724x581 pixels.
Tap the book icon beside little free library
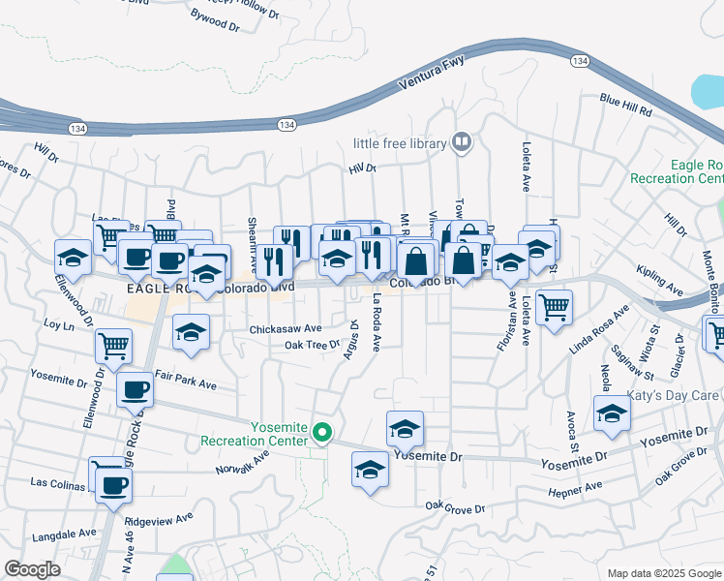tap(463, 144)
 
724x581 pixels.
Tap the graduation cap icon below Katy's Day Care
tap(611, 413)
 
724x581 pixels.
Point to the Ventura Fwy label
tap(433, 76)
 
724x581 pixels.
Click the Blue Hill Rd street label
tap(625, 104)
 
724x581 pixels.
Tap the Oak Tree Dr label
tap(313, 345)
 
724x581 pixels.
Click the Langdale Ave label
tap(64, 533)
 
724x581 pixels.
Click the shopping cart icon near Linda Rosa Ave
tap(555, 309)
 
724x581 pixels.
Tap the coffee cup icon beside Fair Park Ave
tap(135, 389)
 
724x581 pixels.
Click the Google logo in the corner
tap(32, 569)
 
